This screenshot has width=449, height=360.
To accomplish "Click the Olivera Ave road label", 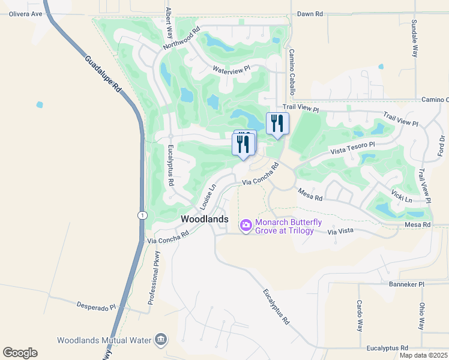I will (22, 13).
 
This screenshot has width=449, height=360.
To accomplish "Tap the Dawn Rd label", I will (310, 13).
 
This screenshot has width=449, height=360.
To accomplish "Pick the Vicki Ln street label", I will (402, 196).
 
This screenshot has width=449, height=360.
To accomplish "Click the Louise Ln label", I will (206, 194).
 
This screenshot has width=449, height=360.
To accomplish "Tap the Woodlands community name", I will (205, 220).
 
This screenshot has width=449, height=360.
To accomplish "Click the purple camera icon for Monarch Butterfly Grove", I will (246, 226).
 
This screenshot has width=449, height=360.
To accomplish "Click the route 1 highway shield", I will (140, 215).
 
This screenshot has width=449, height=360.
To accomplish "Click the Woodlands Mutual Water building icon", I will (161, 340).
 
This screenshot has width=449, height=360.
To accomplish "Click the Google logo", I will (20, 353).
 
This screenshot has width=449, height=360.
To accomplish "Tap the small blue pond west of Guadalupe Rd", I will (40, 104).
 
